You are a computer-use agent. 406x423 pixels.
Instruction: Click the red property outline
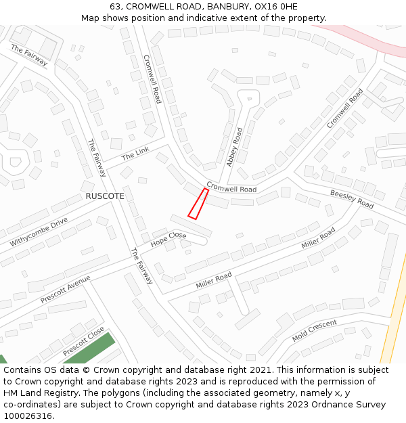[x=198, y=204]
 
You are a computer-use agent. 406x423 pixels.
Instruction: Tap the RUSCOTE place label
[x=105, y=196]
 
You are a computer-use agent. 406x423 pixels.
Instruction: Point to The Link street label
[x=135, y=155]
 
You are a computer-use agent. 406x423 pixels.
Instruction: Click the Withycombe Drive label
[x=39, y=231]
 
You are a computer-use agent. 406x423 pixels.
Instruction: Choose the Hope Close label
[x=168, y=239]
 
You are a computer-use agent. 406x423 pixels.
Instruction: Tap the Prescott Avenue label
[x=65, y=289]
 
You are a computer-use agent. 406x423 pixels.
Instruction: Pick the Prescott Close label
[x=83, y=342]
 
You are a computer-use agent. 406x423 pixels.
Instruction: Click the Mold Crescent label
[x=314, y=331]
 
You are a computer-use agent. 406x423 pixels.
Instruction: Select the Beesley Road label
[x=352, y=199]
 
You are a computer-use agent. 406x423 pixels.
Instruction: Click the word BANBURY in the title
[x=210, y=7]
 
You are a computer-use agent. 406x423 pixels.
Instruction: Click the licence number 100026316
[x=28, y=416]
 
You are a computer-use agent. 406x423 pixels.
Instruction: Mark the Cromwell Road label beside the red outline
[x=231, y=187]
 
